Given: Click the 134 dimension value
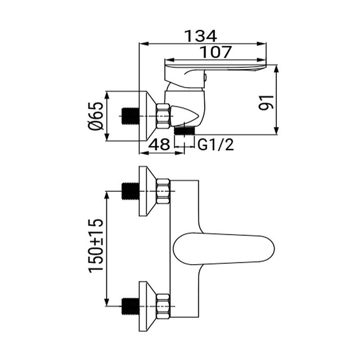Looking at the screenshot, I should [202, 35].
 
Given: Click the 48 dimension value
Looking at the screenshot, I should [159, 145].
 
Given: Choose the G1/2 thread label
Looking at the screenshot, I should [216, 145].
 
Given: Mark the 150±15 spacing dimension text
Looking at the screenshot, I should [96, 246].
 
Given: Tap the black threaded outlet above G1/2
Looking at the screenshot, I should [184, 130].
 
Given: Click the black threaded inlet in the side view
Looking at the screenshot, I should [130, 116].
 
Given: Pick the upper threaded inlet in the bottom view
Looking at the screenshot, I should [130, 191].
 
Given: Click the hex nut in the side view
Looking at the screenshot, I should [163, 116].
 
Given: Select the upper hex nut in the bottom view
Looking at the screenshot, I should [163, 191].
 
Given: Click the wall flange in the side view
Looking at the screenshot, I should [147, 116].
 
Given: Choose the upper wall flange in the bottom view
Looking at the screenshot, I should [147, 191].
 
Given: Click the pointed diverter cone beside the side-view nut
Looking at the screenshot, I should [184, 115].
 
